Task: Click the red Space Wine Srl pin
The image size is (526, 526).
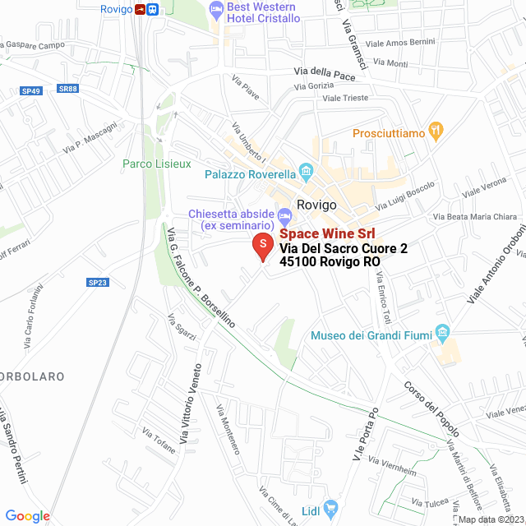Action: [x=262, y=246]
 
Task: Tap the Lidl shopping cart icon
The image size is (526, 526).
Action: [x=330, y=509]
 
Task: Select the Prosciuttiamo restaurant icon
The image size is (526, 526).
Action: [x=436, y=131]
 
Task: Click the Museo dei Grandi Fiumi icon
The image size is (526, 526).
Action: [x=443, y=334]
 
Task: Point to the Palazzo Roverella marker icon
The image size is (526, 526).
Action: [x=307, y=173]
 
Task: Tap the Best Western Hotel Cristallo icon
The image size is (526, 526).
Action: [x=217, y=12]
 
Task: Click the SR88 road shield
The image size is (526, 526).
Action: [x=67, y=89]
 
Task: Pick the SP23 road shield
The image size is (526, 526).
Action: [x=97, y=282]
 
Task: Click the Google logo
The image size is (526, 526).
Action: [x=27, y=515]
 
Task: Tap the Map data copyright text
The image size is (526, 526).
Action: [x=490, y=519]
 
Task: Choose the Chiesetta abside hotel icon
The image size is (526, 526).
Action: [x=285, y=217]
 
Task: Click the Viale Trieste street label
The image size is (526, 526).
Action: [x=344, y=98]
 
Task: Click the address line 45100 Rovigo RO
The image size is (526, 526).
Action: [x=330, y=262]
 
